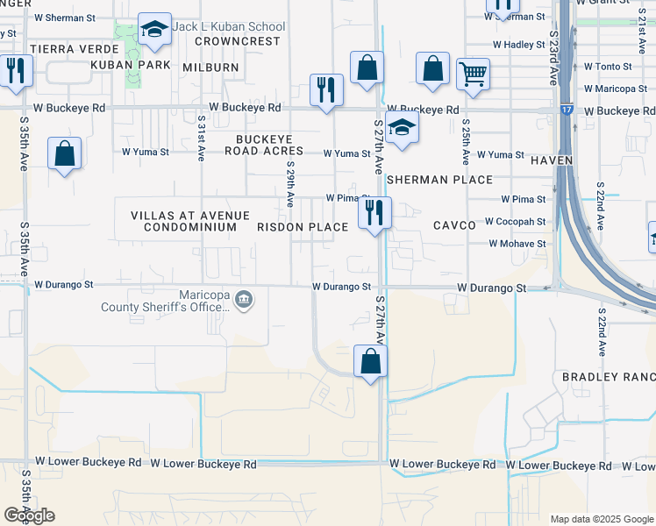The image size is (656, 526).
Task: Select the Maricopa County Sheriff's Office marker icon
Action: click(x=245, y=301)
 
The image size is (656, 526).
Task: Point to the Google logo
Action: click(x=29, y=515)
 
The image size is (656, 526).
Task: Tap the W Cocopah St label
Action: click(x=515, y=223)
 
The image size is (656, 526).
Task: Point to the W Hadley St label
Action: click(x=519, y=44)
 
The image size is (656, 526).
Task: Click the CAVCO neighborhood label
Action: click(x=454, y=225)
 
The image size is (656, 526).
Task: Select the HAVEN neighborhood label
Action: click(x=552, y=160)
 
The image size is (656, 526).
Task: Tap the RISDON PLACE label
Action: click(x=303, y=227)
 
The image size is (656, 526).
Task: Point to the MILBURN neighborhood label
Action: click(x=210, y=68)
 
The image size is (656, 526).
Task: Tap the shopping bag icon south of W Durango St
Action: click(x=371, y=361)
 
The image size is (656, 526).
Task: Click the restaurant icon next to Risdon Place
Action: click(x=374, y=213)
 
